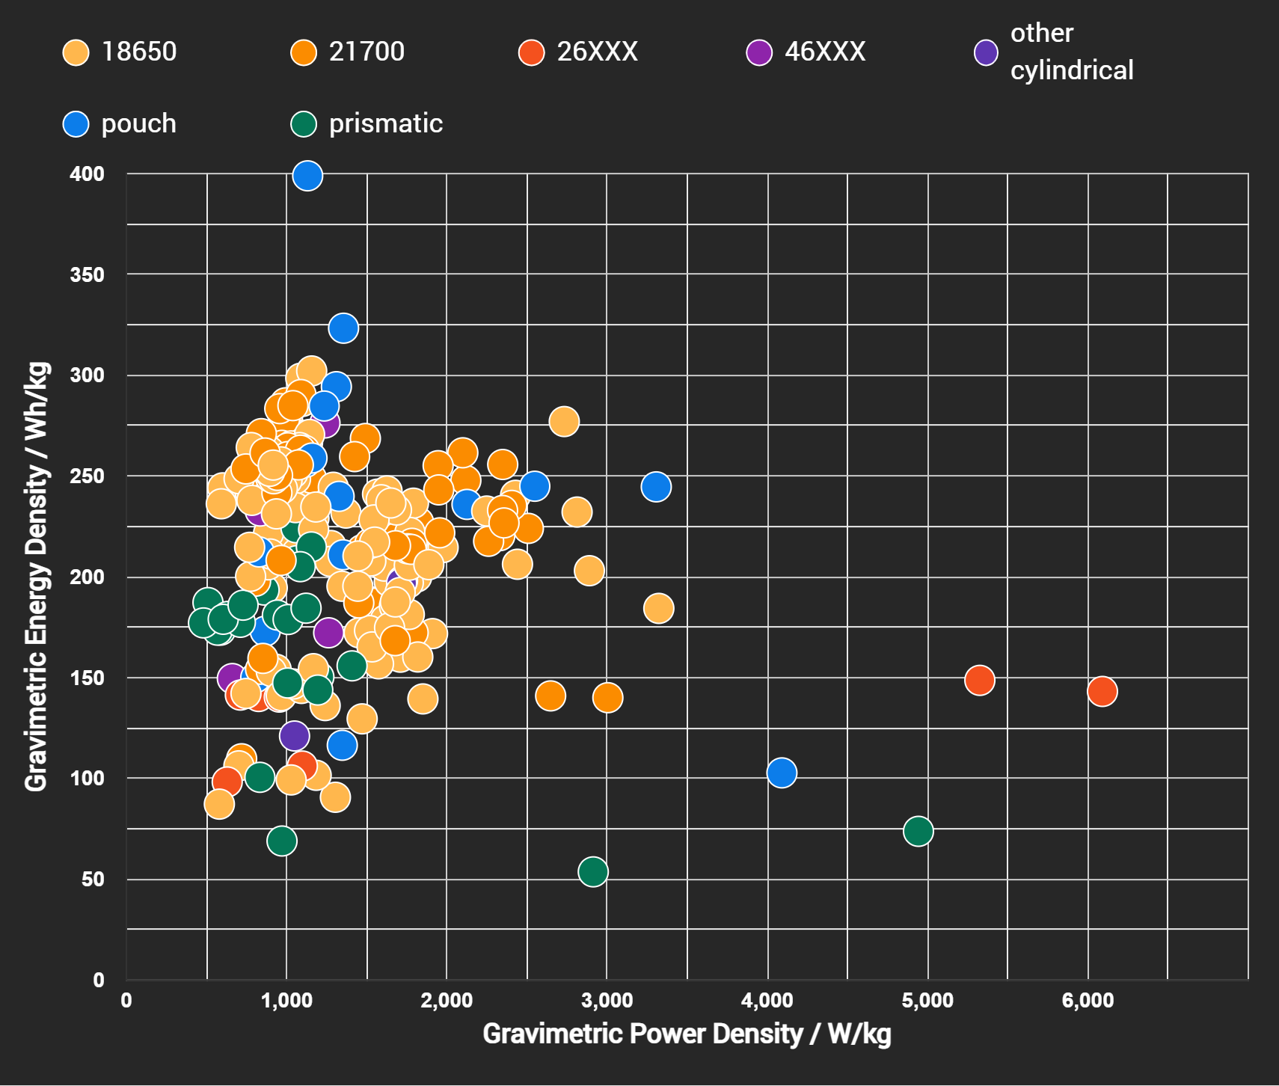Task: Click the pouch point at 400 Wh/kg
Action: (307, 176)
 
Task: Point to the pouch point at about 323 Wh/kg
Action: (343, 328)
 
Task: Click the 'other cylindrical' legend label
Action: (1071, 52)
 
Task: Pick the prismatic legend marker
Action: (304, 123)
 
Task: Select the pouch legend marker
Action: (76, 123)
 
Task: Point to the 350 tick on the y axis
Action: (87, 274)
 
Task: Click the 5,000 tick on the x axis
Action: (927, 1001)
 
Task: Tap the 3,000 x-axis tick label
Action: (607, 1001)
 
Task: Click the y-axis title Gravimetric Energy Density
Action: (37, 576)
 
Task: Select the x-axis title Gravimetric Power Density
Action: (687, 1034)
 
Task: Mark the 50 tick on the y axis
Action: (93, 879)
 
